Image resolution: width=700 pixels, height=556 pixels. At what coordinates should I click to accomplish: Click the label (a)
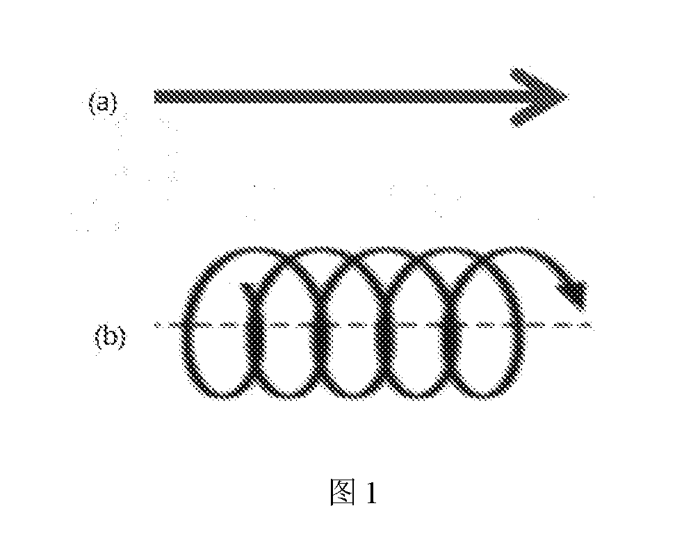click(103, 103)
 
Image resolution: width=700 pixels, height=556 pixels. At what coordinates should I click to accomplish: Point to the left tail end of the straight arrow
click(155, 97)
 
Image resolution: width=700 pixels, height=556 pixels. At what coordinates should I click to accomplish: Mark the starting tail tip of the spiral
click(243, 285)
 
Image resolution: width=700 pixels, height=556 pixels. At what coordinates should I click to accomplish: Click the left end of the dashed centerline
click(156, 325)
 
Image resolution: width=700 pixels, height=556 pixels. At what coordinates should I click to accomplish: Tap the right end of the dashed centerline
click(592, 325)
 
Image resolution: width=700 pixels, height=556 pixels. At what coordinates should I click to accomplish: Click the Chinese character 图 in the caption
click(343, 492)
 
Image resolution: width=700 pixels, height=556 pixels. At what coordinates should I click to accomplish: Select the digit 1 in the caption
click(371, 493)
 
